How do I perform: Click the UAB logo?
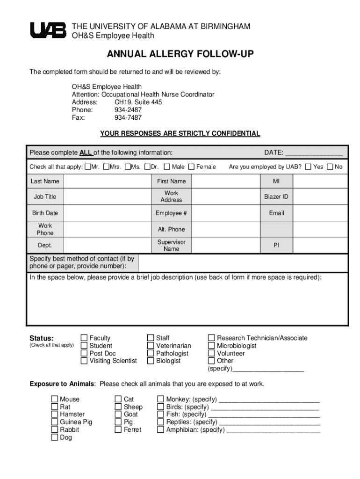(x=48, y=30)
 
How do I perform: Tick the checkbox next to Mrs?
(x=106, y=167)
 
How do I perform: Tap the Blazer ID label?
(x=276, y=197)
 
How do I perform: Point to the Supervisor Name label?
(x=171, y=246)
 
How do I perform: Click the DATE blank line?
(x=314, y=153)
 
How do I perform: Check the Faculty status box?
(x=84, y=338)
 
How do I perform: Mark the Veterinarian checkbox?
(x=151, y=346)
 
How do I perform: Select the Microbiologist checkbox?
(x=211, y=346)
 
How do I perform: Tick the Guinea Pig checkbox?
(x=55, y=422)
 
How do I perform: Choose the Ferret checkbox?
(x=118, y=429)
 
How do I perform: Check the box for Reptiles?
(x=161, y=422)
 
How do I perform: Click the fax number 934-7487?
(x=128, y=118)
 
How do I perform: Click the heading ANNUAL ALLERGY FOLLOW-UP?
(x=180, y=55)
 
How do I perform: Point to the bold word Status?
(x=42, y=338)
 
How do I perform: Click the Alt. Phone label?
(x=171, y=230)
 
